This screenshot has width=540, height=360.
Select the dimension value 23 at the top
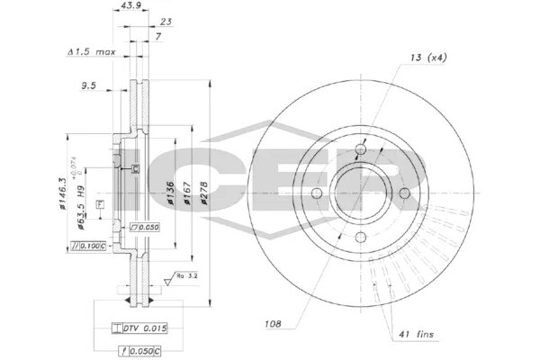click(166, 22)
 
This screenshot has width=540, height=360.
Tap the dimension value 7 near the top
click(158, 36)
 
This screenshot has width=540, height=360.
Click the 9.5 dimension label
click(88, 87)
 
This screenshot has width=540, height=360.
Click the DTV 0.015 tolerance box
click(143, 328)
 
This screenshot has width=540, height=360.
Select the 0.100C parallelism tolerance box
click(89, 246)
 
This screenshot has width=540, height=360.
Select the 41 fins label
click(416, 334)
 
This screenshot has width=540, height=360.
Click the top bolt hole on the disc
click(361, 149)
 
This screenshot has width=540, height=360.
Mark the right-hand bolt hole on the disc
click(404, 193)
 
